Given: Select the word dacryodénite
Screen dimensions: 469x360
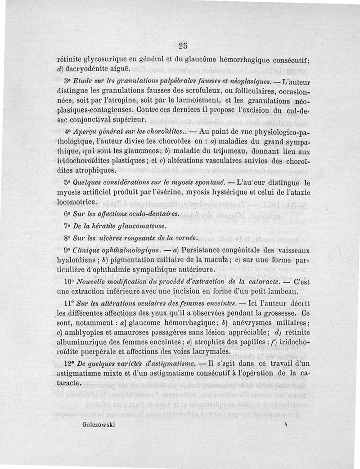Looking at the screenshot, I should tap(90, 68).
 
